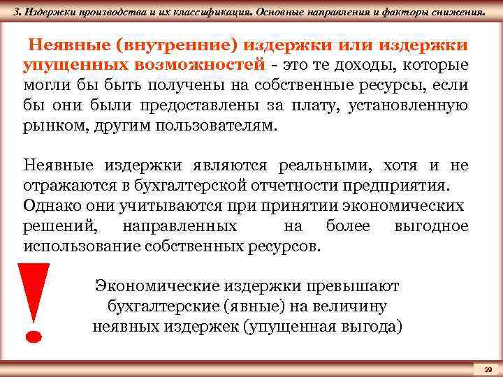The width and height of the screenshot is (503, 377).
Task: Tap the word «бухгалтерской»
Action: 231,186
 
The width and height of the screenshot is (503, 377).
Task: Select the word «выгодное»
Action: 431,227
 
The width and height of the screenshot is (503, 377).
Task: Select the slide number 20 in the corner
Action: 488,368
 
